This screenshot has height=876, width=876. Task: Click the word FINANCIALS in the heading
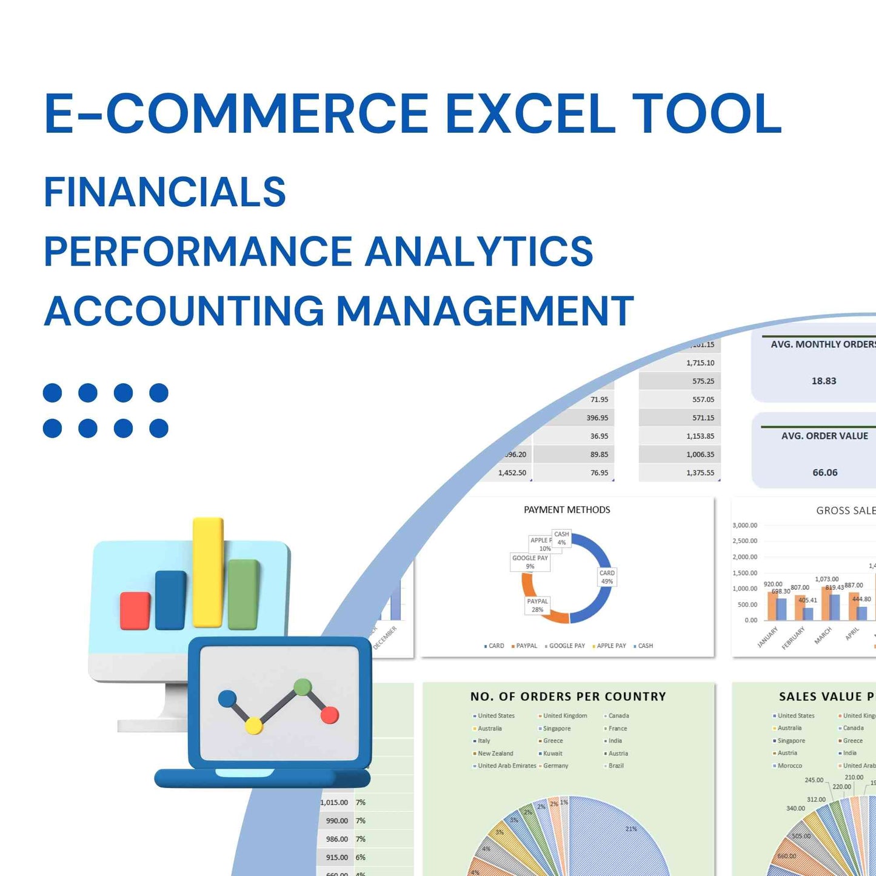point(164,192)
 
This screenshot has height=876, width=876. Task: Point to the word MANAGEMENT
point(484,311)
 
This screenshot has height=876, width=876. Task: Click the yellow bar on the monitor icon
point(208,572)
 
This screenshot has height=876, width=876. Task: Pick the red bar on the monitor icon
point(135,610)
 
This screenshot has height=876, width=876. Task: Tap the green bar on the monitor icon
point(243,594)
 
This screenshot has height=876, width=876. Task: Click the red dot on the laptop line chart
point(329,715)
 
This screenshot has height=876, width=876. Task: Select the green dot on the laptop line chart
point(302,687)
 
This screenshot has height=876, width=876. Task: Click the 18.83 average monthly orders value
point(823,381)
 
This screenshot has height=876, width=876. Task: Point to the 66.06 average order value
point(824,473)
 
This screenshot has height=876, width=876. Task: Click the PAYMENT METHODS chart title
point(567,510)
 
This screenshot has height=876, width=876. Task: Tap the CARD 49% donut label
point(607,577)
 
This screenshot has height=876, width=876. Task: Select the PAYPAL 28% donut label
point(537,606)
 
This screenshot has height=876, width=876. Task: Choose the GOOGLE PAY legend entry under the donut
point(566,646)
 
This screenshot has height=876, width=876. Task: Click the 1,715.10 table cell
point(700,363)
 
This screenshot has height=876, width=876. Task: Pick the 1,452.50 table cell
point(512,473)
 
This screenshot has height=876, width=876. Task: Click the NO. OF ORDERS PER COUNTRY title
point(568,697)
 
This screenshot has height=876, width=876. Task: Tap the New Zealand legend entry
point(495,754)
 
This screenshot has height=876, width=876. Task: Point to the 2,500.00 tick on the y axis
point(744,541)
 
